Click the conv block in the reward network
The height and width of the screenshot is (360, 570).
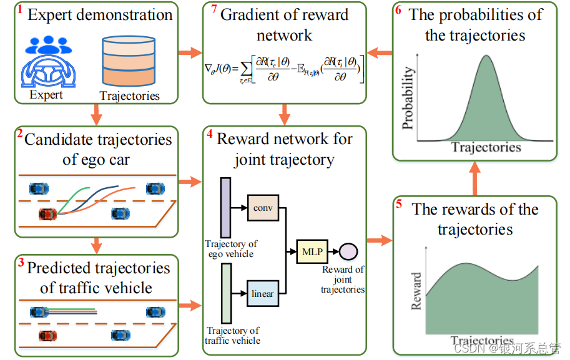(262, 207)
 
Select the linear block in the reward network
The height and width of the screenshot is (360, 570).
(262, 293)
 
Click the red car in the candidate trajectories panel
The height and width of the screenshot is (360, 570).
(47, 215)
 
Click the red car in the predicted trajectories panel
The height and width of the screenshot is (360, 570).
(47, 336)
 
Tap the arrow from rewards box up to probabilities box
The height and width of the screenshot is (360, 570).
(474, 177)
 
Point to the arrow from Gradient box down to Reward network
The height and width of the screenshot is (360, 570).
(285, 114)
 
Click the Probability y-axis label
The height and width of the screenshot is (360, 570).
(408, 99)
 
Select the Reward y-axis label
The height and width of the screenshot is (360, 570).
(416, 291)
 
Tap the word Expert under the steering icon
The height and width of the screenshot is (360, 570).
(46, 95)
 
